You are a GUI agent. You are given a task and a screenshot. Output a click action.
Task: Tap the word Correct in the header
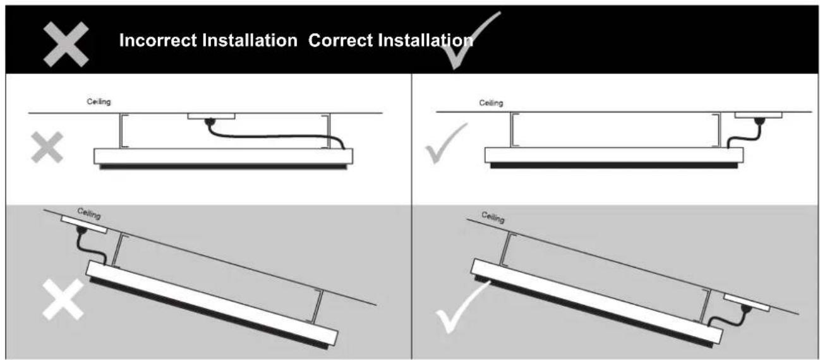[x=344, y=42]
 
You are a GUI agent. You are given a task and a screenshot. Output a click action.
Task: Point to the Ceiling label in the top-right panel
[x=491, y=103]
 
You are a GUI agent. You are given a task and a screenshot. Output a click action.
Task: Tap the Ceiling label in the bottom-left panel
[x=89, y=214]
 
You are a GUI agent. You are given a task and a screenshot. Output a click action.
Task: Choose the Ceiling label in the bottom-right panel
[x=493, y=218]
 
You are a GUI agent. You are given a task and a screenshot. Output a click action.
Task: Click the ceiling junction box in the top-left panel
[x=211, y=116]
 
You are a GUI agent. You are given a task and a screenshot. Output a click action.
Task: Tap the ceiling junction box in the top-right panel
[x=758, y=116]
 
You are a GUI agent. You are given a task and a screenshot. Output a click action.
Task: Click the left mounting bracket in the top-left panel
[x=121, y=131]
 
